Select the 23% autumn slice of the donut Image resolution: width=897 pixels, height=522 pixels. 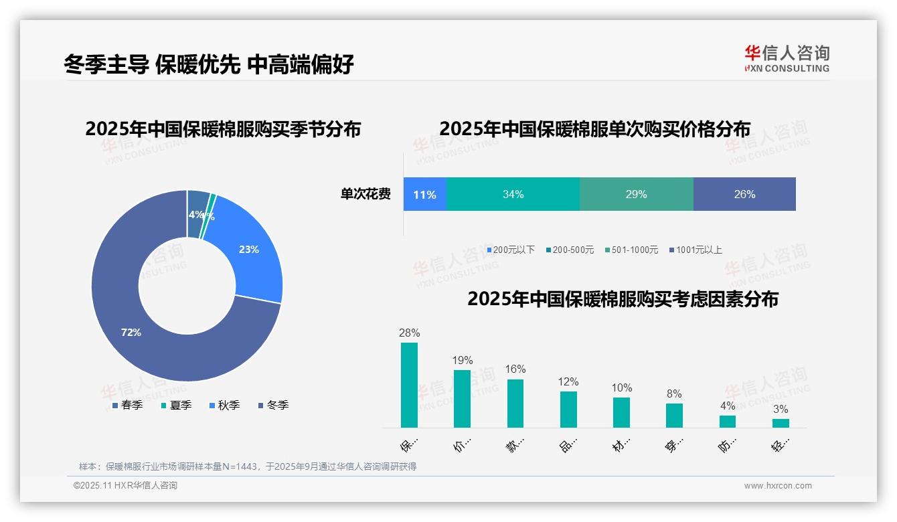[251, 254]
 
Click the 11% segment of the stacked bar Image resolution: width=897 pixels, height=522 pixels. [424, 194]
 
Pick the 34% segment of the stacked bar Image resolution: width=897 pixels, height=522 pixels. [513, 194]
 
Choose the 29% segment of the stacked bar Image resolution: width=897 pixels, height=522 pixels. [636, 194]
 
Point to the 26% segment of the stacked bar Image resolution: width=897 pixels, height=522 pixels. [744, 194]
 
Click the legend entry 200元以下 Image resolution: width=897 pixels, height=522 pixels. [511, 250]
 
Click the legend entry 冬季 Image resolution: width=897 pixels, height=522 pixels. [274, 405]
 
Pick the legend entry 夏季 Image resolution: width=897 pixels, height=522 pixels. [177, 405]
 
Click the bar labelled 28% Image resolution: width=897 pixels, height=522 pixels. [409, 385]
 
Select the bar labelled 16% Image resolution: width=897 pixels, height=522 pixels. [515, 403]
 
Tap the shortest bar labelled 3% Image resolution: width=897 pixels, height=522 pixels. [781, 423]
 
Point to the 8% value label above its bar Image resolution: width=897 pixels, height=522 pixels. [674, 394]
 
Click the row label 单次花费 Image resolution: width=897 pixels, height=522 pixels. [365, 194]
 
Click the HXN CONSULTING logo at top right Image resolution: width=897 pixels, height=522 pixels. [787, 58]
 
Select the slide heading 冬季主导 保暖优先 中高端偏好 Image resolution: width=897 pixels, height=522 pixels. [209, 64]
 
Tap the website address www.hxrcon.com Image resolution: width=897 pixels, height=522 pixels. [778, 485]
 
